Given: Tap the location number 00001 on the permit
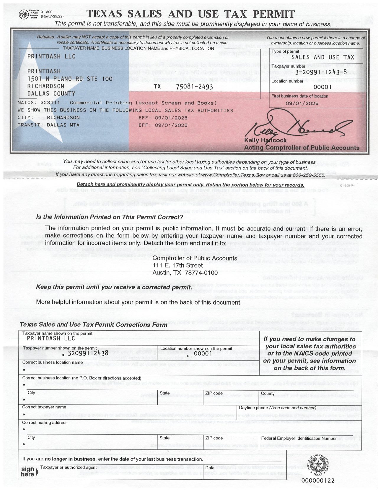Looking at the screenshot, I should [x=322, y=87].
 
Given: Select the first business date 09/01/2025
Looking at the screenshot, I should [x=302, y=103].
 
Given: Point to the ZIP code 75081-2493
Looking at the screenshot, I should [x=194, y=87].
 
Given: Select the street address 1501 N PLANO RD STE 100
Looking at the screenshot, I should [x=70, y=79].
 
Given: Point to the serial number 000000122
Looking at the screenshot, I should [x=318, y=481].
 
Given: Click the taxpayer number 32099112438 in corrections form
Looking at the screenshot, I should [x=88, y=353].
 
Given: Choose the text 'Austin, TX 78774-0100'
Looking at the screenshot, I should [x=185, y=273].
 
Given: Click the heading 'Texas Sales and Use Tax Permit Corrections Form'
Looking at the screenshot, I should [x=93, y=325].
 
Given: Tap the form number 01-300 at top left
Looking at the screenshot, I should [x=46, y=12].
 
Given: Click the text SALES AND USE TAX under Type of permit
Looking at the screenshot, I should [x=322, y=57].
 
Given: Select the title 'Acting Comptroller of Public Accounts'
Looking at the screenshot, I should [x=302, y=148].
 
